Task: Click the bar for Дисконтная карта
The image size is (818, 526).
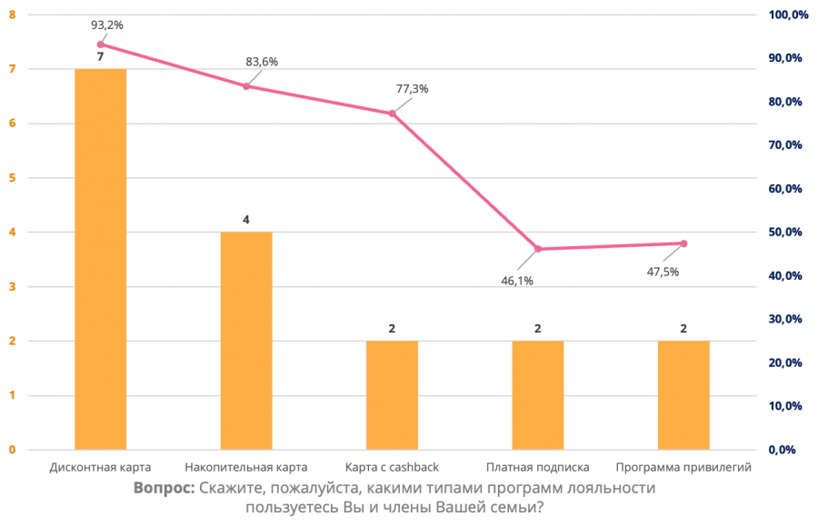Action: [x=100, y=259]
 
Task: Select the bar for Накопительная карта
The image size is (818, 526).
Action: [x=246, y=341]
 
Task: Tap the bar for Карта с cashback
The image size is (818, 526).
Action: [x=392, y=395]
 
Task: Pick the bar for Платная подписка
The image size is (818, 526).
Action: [x=538, y=395]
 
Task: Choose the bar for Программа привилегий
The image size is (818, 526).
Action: [x=683, y=395]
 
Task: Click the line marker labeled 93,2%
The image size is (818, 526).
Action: [x=100, y=44]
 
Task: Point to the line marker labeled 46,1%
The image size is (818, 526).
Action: [x=538, y=249]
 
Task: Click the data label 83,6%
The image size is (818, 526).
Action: [x=262, y=62]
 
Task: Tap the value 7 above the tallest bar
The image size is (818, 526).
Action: [x=100, y=57]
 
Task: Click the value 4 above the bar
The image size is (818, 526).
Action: [x=246, y=220]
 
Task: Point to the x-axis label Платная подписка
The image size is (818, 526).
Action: [x=538, y=467]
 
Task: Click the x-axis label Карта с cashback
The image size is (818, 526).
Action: [x=392, y=467]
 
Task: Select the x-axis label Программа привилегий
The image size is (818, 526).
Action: [x=683, y=467]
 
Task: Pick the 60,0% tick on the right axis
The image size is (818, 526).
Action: [x=787, y=189]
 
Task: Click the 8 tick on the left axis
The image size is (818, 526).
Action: [x=12, y=15]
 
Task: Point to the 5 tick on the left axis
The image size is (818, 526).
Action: [x=12, y=178]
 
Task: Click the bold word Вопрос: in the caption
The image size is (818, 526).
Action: [x=164, y=488]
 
